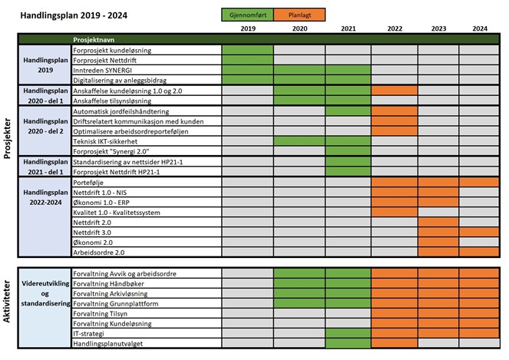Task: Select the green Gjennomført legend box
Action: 246,14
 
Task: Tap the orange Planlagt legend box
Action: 299,14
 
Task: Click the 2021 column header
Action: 348,28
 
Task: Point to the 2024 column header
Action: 479,28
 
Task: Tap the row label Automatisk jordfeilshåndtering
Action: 120,111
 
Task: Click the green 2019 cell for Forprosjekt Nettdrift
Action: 247,60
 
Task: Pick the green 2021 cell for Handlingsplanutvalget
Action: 348,343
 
